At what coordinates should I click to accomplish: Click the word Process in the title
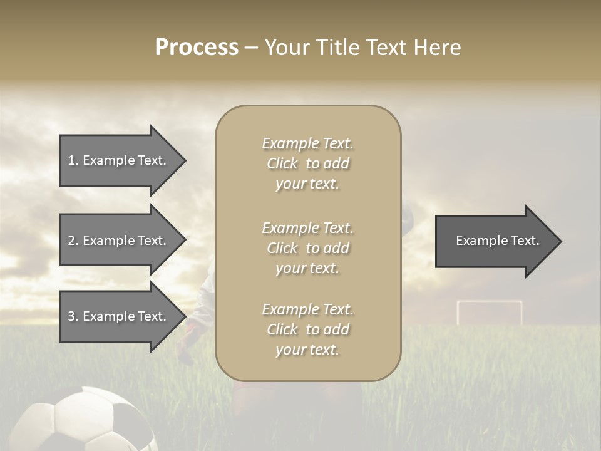click(197, 48)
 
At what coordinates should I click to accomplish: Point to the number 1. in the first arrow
click(73, 160)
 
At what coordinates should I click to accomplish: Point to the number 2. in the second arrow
click(73, 241)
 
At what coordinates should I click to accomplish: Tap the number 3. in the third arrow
click(73, 316)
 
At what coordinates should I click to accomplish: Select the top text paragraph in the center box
click(307, 163)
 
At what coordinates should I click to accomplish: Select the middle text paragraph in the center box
click(307, 248)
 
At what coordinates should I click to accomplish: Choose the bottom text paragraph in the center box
click(307, 329)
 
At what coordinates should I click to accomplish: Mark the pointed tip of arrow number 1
click(184, 160)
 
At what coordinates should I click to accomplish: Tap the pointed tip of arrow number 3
click(184, 316)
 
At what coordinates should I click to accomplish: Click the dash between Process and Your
click(251, 48)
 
